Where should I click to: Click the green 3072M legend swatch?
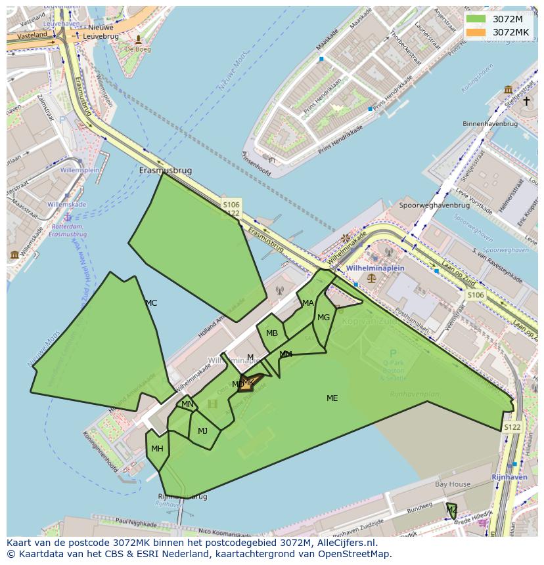point(476,19)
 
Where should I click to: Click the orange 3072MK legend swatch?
point(476,32)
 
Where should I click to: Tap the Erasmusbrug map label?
point(166,171)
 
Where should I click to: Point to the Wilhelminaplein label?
point(376,268)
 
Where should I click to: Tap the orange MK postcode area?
point(246,384)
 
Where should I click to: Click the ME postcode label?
point(332,398)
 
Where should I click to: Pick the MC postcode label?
point(151,303)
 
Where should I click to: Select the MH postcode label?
point(157,449)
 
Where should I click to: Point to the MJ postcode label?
point(202,431)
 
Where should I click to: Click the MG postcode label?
point(323,318)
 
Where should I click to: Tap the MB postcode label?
point(272,333)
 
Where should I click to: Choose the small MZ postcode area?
point(452,511)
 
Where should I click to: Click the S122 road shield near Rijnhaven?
point(512,427)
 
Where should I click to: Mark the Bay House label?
point(453,484)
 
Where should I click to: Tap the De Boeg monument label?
point(138,49)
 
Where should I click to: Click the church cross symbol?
point(526,101)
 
